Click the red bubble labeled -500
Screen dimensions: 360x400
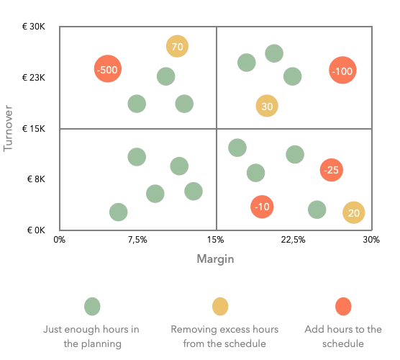pos(106,70)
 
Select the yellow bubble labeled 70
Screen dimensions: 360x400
pos(177,47)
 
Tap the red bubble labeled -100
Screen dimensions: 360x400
pos(342,71)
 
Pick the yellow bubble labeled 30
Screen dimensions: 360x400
pos(267,107)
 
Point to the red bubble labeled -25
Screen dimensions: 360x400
pos(332,170)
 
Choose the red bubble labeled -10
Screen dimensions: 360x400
pos(263,207)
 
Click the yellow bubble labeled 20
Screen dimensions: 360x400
pos(353,212)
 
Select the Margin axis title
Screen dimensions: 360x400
pos(216,258)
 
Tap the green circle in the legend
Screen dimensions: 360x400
pos(91,306)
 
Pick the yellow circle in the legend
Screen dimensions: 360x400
pos(219,306)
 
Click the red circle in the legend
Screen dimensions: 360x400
pos(343,306)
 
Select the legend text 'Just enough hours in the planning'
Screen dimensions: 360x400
pos(91,337)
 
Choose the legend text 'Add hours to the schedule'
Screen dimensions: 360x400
pos(343,337)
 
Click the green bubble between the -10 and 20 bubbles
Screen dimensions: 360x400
pos(317,210)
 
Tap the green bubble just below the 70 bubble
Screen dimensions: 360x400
pos(166,76)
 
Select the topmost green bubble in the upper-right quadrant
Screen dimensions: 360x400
pos(274,53)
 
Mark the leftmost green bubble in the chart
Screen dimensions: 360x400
pos(119,212)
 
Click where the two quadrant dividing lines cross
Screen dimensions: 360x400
pos(217,128)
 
